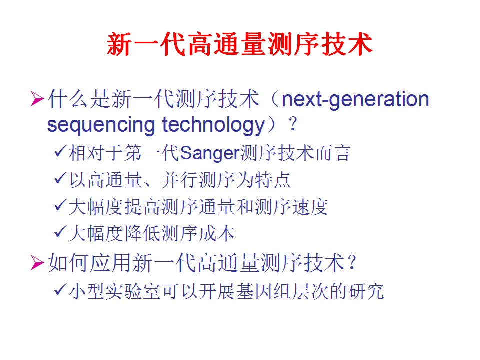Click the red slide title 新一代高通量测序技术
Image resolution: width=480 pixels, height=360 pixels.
tap(239, 44)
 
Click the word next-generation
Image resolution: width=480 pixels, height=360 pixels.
tap(355, 100)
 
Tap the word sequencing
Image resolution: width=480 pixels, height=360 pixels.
tap(101, 125)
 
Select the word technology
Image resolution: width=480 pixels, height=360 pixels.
tap(213, 125)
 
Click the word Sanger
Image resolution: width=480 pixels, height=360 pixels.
tap(210, 153)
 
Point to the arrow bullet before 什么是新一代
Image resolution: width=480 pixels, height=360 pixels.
tap(37, 99)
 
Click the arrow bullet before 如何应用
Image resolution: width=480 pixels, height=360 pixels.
tap(37, 263)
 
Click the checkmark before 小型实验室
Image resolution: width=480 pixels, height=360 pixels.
tap(60, 289)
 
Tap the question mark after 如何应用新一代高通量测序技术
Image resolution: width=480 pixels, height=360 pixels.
tap(352, 262)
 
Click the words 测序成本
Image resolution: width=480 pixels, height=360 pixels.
tap(198, 234)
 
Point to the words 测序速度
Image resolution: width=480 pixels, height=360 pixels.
tap(291, 207)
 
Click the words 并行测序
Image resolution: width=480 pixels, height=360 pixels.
tap(198, 180)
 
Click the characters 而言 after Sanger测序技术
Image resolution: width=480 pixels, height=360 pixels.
tap(333, 153)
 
